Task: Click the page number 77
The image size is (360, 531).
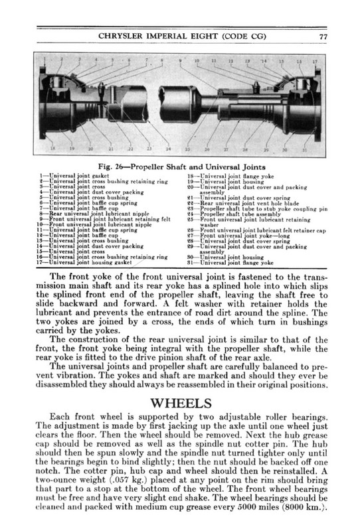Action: click(x=321, y=37)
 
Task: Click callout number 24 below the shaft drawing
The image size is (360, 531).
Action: click(x=168, y=147)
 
